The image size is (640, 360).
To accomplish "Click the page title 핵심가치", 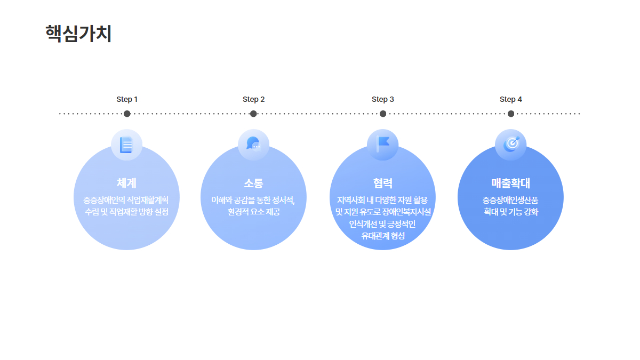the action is coord(78,34).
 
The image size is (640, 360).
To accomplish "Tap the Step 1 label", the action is coord(127,99).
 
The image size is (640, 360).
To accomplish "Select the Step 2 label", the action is coord(254,99).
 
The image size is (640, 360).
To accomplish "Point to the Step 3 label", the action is coord(383,99).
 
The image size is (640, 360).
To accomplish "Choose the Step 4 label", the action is coord(511,99).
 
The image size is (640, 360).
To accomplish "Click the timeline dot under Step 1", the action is coord(127,114).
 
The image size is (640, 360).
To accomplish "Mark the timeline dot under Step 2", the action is coord(253,114).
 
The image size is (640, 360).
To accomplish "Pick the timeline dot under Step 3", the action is coord(383,114).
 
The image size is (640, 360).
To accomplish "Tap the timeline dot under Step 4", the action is coord(511,114).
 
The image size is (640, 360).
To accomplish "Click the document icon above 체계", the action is coord(126,145).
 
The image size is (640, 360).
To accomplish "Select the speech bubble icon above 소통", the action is coord(253,143).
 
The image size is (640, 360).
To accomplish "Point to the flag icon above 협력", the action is coord(383,144).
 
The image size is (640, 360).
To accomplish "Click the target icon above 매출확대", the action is coord(511,144).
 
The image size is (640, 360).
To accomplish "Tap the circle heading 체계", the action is coord(126,183).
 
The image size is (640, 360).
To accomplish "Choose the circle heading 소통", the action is coord(253,183).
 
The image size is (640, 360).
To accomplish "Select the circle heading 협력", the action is coord(383,183).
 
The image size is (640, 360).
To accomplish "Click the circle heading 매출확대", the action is coord(510,183).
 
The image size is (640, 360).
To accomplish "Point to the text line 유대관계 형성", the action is coord(383,236).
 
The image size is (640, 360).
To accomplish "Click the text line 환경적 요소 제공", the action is coord(254,212).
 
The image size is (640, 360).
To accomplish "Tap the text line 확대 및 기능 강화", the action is coord(511,212).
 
